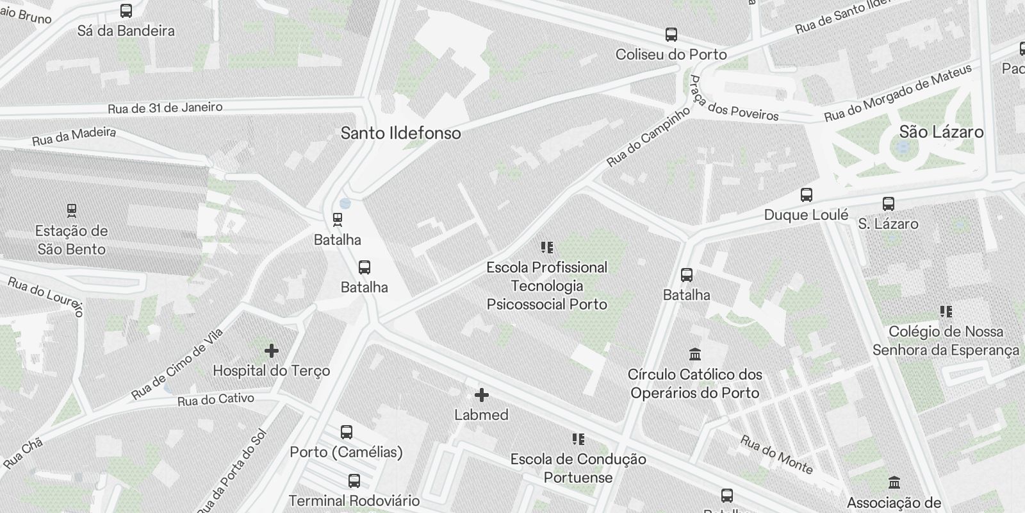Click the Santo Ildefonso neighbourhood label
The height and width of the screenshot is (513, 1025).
400,133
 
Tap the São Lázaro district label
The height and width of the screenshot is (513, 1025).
941,132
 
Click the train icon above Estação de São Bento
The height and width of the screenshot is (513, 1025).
72,210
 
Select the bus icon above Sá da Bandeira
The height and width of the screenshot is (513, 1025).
126,11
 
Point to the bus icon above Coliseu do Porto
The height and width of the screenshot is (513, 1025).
671,35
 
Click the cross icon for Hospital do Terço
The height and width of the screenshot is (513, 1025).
272,351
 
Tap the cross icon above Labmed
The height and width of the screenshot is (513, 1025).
481,395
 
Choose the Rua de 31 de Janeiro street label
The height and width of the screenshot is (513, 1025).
165,108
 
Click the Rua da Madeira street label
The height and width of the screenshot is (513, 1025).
74,136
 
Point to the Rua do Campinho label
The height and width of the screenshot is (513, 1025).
648,136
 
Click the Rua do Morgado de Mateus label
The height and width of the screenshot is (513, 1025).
898,93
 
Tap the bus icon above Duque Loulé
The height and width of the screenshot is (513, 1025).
807,195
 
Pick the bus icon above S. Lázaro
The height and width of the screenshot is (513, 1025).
888,204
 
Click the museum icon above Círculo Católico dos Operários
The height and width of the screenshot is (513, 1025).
694,354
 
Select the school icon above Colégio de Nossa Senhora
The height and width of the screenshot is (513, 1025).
946,312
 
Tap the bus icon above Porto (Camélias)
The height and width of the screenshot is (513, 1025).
347,432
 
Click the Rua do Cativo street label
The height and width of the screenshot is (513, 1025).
216,399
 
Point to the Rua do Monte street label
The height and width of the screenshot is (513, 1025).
776,455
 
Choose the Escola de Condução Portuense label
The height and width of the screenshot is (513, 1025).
578,468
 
